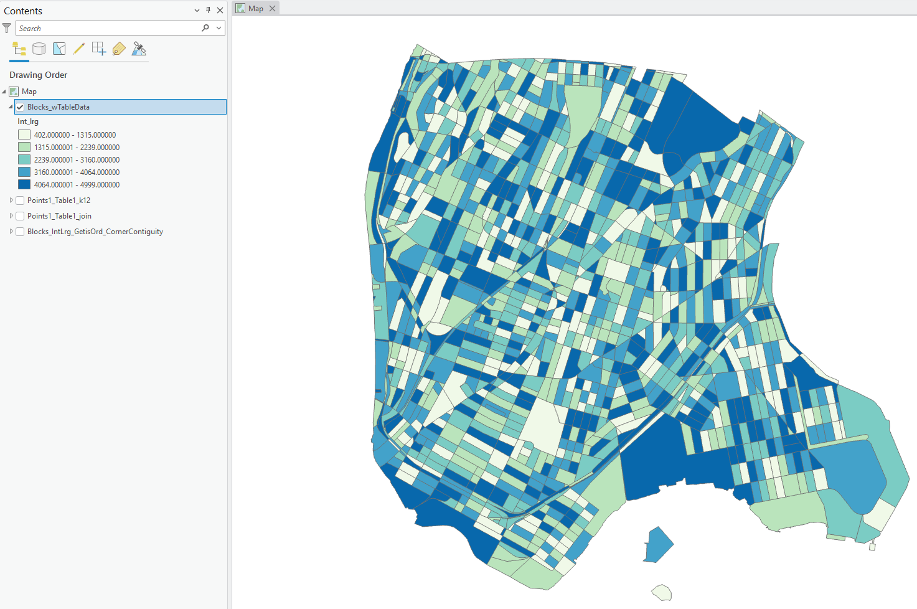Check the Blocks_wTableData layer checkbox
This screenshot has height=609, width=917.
click(20, 107)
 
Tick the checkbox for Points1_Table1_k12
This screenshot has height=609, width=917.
click(20, 201)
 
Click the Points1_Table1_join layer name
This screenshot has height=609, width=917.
click(59, 216)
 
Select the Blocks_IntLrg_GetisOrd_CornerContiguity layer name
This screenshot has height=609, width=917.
click(95, 232)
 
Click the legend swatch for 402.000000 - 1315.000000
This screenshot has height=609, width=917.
click(24, 135)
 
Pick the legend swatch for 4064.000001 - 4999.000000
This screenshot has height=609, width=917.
click(24, 184)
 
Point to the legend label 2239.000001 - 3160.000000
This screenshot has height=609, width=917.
click(77, 160)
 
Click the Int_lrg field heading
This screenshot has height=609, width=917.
click(28, 121)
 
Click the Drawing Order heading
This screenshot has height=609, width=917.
click(38, 75)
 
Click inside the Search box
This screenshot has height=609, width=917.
click(106, 29)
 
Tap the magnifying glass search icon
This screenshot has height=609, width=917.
click(205, 28)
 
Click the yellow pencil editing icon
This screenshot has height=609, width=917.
click(78, 49)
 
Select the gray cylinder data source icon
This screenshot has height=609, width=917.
click(39, 49)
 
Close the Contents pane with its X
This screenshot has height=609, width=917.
click(220, 11)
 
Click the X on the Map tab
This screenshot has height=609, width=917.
click(272, 9)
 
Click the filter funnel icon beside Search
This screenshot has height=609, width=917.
click(7, 28)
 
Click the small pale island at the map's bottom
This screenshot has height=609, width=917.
click(662, 592)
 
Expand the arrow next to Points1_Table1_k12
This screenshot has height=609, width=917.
click(11, 201)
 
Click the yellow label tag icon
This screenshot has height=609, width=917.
click(119, 49)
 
